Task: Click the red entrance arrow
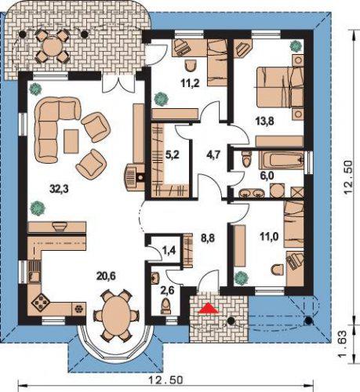(x=208, y=308)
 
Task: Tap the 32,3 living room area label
(x=59, y=189)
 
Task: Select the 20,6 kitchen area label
(x=106, y=276)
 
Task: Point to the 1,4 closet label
(x=169, y=251)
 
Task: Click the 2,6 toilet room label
(x=168, y=290)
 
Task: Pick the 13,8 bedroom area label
(x=264, y=122)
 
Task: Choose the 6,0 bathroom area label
(x=267, y=176)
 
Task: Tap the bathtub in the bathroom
(x=282, y=160)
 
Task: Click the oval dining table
(x=116, y=314)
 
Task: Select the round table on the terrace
(x=52, y=46)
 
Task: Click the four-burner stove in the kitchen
(x=41, y=303)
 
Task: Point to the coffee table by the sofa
(x=71, y=141)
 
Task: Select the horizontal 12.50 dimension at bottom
(x=165, y=380)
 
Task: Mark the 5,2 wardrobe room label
(x=173, y=155)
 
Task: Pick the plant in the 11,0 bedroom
(x=242, y=278)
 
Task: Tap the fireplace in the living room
(x=135, y=178)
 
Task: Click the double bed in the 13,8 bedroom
(x=278, y=87)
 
